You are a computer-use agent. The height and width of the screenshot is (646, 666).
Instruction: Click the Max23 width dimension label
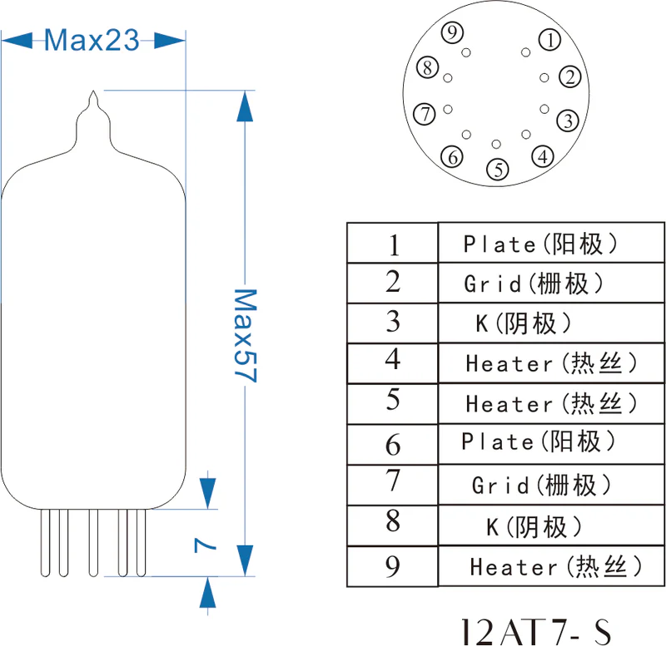pos(92,40)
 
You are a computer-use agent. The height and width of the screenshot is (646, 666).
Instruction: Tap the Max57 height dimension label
pos(244,335)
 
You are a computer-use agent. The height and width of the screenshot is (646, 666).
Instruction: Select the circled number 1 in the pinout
pos(549,38)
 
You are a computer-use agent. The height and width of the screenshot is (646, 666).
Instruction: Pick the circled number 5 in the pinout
pos(498,170)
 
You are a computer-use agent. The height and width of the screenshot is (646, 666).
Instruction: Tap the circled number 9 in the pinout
pos(452,33)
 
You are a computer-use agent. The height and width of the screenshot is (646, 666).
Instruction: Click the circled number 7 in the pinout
pos(425,113)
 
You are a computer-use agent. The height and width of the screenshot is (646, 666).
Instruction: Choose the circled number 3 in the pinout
pos(568,121)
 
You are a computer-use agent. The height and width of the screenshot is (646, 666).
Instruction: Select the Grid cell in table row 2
pos(533,284)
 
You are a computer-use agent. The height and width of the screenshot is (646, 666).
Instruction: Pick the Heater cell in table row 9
pos(555,567)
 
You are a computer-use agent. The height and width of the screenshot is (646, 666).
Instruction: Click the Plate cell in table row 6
pos(539,441)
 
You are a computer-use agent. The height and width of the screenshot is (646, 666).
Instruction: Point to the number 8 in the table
pos(393,522)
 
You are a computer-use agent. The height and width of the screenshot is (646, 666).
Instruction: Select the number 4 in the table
pos(393,360)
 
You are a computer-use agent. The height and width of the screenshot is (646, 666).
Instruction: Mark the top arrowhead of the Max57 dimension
pos(244,103)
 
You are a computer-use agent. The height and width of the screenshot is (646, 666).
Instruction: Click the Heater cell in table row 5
pos(551,404)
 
